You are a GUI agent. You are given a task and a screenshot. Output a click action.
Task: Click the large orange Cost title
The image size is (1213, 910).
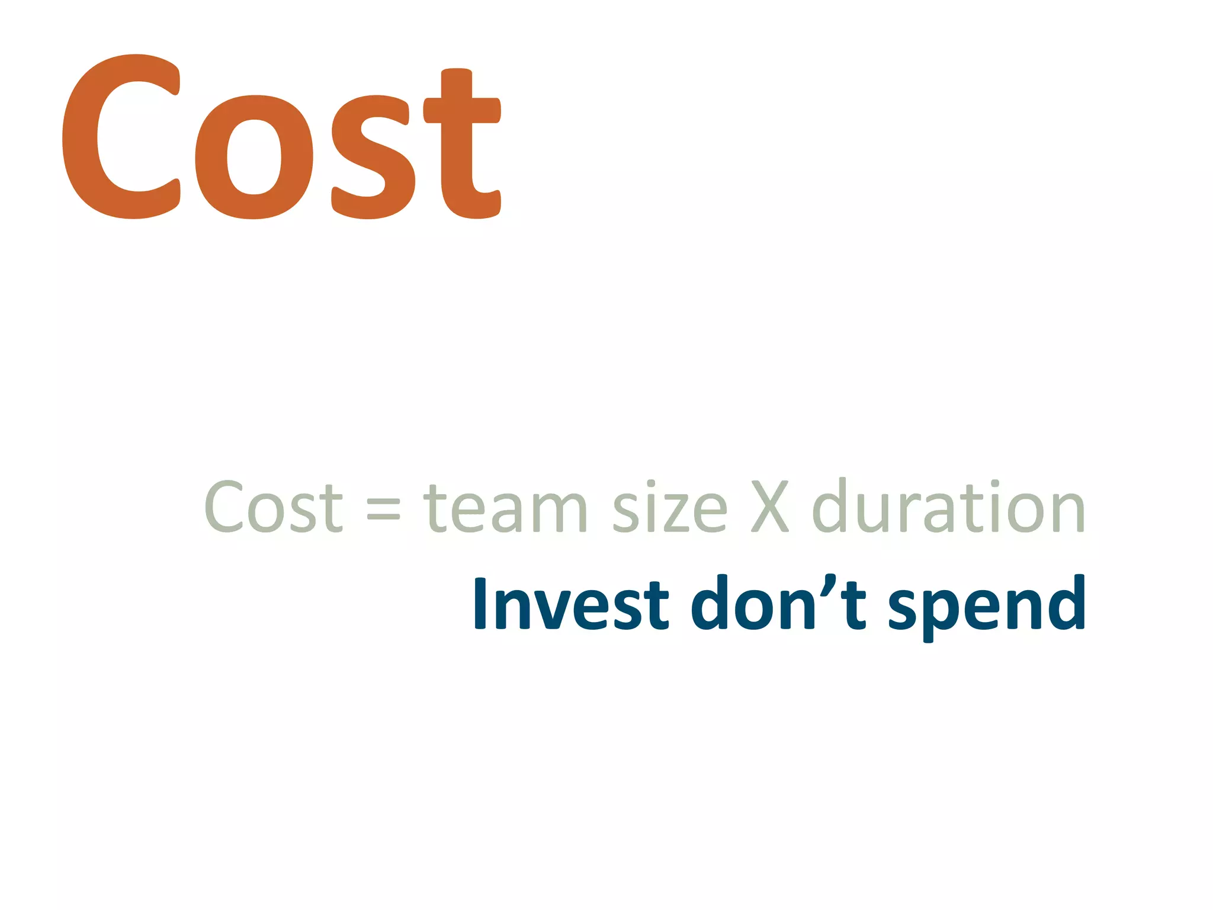click(282, 137)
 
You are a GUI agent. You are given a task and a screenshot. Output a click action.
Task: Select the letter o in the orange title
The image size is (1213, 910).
click(254, 157)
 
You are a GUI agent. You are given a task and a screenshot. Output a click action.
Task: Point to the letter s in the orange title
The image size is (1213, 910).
click(373, 157)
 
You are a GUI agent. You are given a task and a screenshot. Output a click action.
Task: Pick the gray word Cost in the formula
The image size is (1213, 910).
click(273, 507)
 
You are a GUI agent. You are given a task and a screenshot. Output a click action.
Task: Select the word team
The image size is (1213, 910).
click(505, 508)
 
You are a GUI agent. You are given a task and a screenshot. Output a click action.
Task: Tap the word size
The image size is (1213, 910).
click(669, 508)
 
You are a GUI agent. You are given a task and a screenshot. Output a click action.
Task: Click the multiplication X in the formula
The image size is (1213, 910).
click(770, 507)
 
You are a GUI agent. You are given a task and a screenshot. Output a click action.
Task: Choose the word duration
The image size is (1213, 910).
click(948, 507)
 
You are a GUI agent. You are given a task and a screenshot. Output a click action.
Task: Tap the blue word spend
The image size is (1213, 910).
click(987, 605)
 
